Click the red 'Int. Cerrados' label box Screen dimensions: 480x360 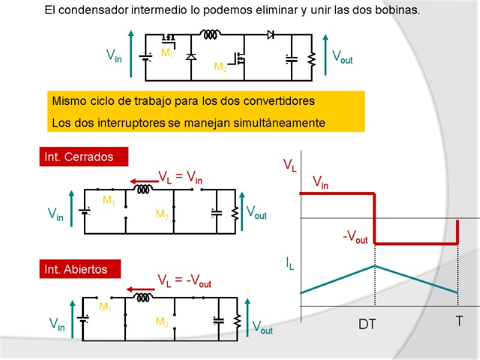(x=83, y=157)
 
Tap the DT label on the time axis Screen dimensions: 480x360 (x=367, y=325)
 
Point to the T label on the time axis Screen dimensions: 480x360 (x=459, y=322)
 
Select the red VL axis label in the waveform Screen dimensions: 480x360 (x=289, y=164)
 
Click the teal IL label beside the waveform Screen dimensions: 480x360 (x=289, y=263)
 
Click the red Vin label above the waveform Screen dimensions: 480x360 (x=320, y=182)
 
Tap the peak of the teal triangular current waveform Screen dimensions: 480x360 (x=375, y=266)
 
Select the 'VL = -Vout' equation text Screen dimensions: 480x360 (x=184, y=280)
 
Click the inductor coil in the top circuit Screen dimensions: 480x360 (x=209, y=35)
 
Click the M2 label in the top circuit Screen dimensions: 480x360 (x=221, y=67)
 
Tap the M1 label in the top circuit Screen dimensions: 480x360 (x=167, y=53)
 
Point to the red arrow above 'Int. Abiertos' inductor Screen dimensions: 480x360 (x=139, y=290)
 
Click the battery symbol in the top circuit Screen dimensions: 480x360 (x=146, y=58)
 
